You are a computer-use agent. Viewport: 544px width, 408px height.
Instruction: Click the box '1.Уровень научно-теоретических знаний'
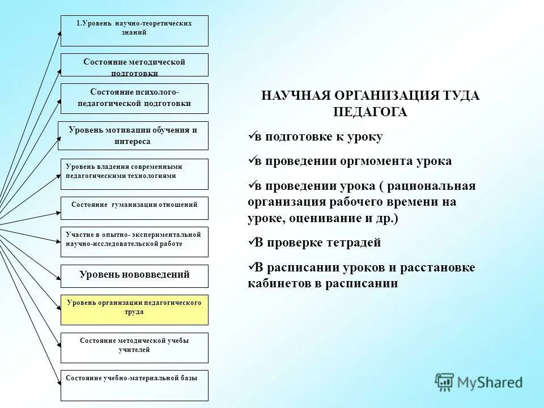coord(134,31)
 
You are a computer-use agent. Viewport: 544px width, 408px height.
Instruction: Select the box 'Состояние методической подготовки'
coord(134,65)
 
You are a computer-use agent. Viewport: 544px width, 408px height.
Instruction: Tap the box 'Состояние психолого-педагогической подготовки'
coord(134,98)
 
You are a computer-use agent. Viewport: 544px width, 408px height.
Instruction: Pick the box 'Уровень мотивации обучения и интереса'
coord(133,135)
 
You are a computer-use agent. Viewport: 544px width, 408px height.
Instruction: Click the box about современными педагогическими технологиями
coord(134,174)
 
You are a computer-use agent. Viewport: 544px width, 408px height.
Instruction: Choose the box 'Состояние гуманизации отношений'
coord(134,208)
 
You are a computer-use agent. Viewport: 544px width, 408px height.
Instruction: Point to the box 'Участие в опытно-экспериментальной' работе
coord(134,241)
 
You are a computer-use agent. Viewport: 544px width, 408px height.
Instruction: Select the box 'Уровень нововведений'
coord(134,276)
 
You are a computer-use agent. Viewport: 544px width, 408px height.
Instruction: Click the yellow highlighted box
coord(134,309)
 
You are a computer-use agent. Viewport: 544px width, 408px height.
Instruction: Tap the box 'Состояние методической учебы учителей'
coord(134,347)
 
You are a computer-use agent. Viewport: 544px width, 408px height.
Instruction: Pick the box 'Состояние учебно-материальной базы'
coord(134,385)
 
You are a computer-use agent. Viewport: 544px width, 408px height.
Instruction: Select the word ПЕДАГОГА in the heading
coord(370,112)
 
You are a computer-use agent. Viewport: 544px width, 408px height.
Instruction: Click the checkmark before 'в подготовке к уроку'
coord(252,137)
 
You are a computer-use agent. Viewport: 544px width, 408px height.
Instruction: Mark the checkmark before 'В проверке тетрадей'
coord(252,243)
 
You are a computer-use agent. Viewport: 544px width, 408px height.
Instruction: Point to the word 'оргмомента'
coord(373,161)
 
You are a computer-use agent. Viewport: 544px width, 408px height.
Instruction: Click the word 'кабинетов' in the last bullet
coord(275,283)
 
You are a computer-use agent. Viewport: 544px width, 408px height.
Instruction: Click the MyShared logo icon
coord(445,382)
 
